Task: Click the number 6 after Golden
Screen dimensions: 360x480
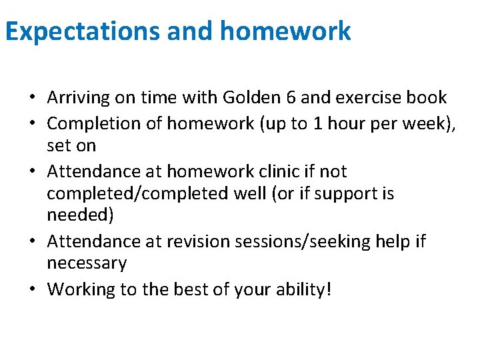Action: tap(290, 97)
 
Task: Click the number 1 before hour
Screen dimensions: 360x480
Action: tap(307, 123)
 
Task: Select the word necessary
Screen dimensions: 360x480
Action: tap(87, 263)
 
